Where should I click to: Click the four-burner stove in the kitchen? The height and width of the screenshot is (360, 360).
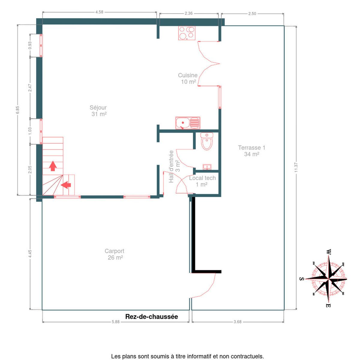click(187, 33)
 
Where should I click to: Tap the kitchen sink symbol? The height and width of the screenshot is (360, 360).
click(187, 123)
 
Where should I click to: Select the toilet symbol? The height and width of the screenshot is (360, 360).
click(207, 141)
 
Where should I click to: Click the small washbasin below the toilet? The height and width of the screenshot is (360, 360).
click(207, 166)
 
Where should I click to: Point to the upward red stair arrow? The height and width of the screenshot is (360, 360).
click(53, 166)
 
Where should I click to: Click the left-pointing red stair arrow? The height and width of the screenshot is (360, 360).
click(66, 185)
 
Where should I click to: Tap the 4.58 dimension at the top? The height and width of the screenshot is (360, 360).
click(99, 12)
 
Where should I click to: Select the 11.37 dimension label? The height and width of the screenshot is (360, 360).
click(296, 168)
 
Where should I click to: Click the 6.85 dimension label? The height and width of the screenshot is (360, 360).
click(18, 110)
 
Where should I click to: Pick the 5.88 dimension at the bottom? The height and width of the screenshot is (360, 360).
click(115, 322)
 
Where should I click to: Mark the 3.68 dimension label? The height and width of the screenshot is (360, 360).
click(237, 322)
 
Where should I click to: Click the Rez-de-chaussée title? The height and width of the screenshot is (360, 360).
click(151, 316)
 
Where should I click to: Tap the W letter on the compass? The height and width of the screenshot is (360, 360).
click(328, 252)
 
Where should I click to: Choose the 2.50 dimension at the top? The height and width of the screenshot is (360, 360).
click(252, 13)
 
